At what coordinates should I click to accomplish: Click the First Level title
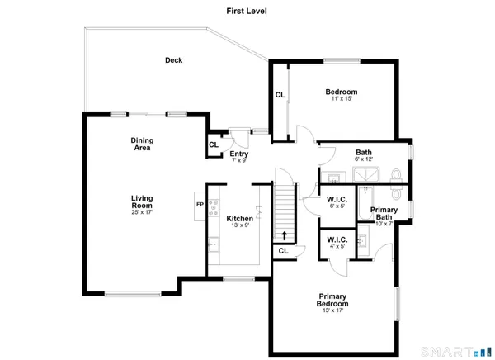point(247,12)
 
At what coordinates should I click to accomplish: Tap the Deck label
point(173,59)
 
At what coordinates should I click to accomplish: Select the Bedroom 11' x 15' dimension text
point(341,99)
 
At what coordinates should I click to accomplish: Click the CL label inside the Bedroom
point(280,95)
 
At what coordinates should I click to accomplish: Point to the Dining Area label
point(143,144)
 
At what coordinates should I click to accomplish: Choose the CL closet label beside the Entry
point(213,145)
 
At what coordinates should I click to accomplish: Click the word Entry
point(239,154)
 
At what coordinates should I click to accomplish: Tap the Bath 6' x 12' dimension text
point(363,159)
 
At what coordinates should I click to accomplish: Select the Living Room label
point(143,201)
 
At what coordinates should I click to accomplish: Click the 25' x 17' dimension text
point(143,213)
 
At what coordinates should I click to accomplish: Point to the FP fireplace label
point(199,205)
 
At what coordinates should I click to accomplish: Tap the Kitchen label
point(239,218)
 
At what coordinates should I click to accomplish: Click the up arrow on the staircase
point(285,234)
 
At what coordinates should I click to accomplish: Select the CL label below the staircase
point(283,250)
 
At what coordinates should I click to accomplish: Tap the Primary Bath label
point(384,214)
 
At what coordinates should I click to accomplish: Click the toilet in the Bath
point(397,175)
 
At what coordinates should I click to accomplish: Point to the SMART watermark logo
point(451,351)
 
